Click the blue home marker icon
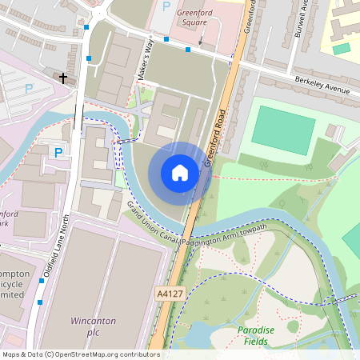point(180,173)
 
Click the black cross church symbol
point(64,77)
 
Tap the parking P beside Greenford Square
point(166,6)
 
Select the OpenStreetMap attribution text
point(80,354)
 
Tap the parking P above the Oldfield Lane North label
point(58,152)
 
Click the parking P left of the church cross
point(29,89)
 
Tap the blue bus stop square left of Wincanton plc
point(40,302)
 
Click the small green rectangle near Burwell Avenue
point(342,49)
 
